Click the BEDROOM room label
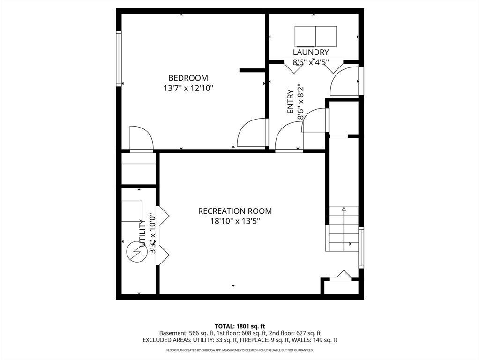188,78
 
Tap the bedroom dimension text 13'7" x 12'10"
188,89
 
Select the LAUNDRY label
311,52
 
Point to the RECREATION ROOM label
235,211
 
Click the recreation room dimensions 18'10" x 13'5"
235,221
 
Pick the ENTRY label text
291,102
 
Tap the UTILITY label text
142,233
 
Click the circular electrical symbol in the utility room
136,252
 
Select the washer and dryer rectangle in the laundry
315,37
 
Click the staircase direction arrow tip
344,208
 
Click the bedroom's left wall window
119,59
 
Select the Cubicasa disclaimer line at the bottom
240,350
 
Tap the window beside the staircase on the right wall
361,247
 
